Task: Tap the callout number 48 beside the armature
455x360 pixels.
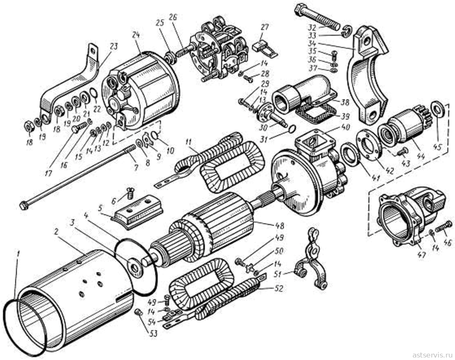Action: point(280,226)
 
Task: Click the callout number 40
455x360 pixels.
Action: point(346,127)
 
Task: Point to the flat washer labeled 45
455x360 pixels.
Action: point(436,109)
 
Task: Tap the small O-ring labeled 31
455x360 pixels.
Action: point(292,128)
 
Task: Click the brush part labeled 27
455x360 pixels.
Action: point(265,48)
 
